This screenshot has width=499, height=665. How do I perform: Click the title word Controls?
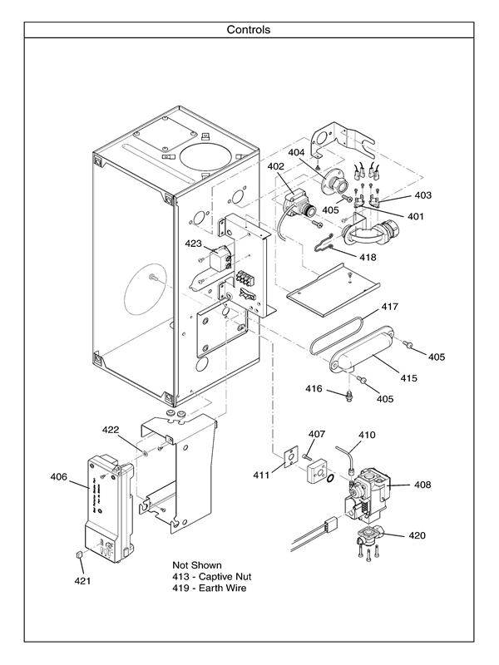(x=249, y=30)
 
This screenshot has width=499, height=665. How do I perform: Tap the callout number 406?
(x=58, y=476)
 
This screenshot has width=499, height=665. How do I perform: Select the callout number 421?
(x=82, y=579)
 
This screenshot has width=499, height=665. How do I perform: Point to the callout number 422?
(x=111, y=430)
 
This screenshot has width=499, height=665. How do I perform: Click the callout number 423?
(x=194, y=244)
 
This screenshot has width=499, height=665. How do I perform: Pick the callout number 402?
(x=276, y=166)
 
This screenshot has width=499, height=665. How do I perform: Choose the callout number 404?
(x=297, y=153)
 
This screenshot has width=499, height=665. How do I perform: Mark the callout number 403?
(x=423, y=195)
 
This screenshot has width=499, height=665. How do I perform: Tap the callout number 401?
(x=415, y=216)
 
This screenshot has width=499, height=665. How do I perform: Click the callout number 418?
(x=367, y=257)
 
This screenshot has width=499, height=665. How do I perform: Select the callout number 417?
(x=390, y=307)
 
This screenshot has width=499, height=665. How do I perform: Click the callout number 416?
(x=314, y=388)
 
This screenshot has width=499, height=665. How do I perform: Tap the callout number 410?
(x=367, y=435)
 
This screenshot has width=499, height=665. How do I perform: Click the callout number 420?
(x=417, y=535)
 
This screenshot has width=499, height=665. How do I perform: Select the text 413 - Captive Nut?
(x=211, y=576)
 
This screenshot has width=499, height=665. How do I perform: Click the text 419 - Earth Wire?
(x=209, y=589)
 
